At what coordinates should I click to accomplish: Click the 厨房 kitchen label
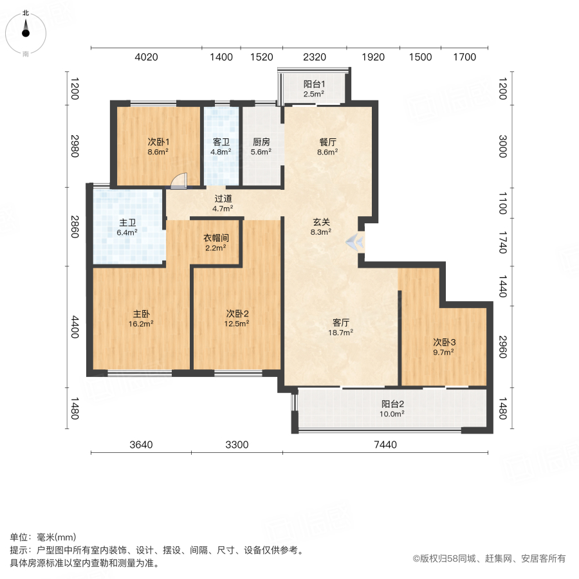pos(261,142)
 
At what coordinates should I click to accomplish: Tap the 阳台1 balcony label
pos(314,84)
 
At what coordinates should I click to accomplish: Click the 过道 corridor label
pos(223,199)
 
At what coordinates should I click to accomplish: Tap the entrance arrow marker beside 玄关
pos(354,242)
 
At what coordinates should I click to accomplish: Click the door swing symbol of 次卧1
pos(178,180)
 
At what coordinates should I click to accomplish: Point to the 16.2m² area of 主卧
pos(142,324)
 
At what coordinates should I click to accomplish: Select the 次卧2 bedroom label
pos(237,313)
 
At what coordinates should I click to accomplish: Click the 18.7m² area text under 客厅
pos(341,333)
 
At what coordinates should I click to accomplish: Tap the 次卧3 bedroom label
pos(444,342)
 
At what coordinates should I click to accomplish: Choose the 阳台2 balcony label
pos(392,404)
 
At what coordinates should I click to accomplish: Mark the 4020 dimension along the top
pos(146,57)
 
